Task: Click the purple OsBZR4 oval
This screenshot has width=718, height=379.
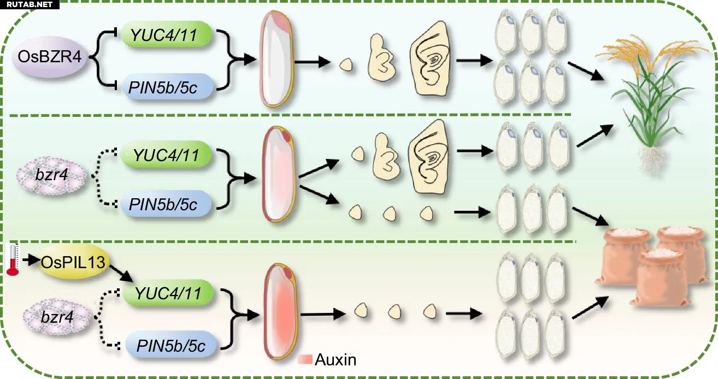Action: coord(50,57)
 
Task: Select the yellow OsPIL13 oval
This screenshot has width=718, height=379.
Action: coord(74,262)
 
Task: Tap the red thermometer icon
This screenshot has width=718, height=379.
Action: coord(13,259)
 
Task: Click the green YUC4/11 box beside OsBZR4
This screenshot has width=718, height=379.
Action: coord(167,34)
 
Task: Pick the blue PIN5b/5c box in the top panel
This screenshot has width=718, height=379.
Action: coord(167,87)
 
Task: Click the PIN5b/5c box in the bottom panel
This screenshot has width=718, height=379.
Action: coord(171,345)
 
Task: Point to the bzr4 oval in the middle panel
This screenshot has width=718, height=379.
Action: coord(52,175)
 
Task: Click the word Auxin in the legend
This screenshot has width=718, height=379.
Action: coord(336,359)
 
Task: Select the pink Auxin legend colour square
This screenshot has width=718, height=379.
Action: coord(305,359)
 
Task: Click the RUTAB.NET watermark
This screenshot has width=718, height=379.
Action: coord(30,4)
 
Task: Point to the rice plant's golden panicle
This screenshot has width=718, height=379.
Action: coord(651,51)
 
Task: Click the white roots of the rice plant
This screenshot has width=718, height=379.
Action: coord(652,162)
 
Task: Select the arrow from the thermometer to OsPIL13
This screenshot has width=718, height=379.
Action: coord(31,260)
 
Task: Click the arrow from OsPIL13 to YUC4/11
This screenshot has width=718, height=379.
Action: coord(121,273)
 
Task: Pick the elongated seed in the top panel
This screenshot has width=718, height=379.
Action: coord(276,58)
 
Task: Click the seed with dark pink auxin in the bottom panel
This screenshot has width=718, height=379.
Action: coord(281,311)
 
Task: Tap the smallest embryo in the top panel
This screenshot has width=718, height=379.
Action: coord(346,64)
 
